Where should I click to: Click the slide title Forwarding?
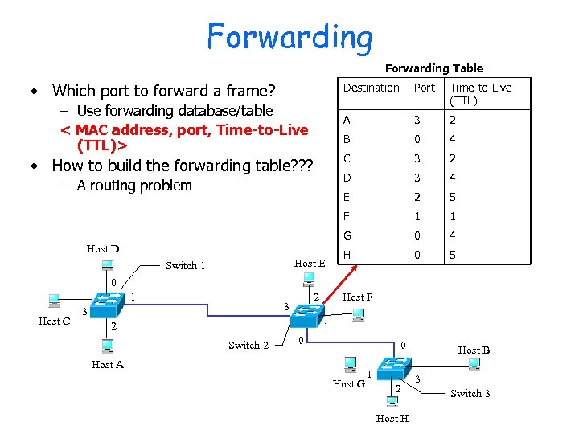[289, 36]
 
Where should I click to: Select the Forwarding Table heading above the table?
[434, 69]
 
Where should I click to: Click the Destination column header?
[371, 88]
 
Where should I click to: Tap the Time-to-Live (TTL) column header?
[480, 94]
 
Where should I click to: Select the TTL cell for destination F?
[453, 216]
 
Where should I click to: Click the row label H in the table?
[347, 255]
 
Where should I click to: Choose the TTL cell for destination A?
[453, 120]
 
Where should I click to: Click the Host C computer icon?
[54, 301]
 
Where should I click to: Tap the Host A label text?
[108, 365]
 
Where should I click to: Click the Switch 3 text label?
[470, 393]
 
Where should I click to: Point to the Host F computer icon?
[358, 314]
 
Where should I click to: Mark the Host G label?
[349, 384]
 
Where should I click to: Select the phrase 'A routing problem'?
[134, 186]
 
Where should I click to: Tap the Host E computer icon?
[309, 278]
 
